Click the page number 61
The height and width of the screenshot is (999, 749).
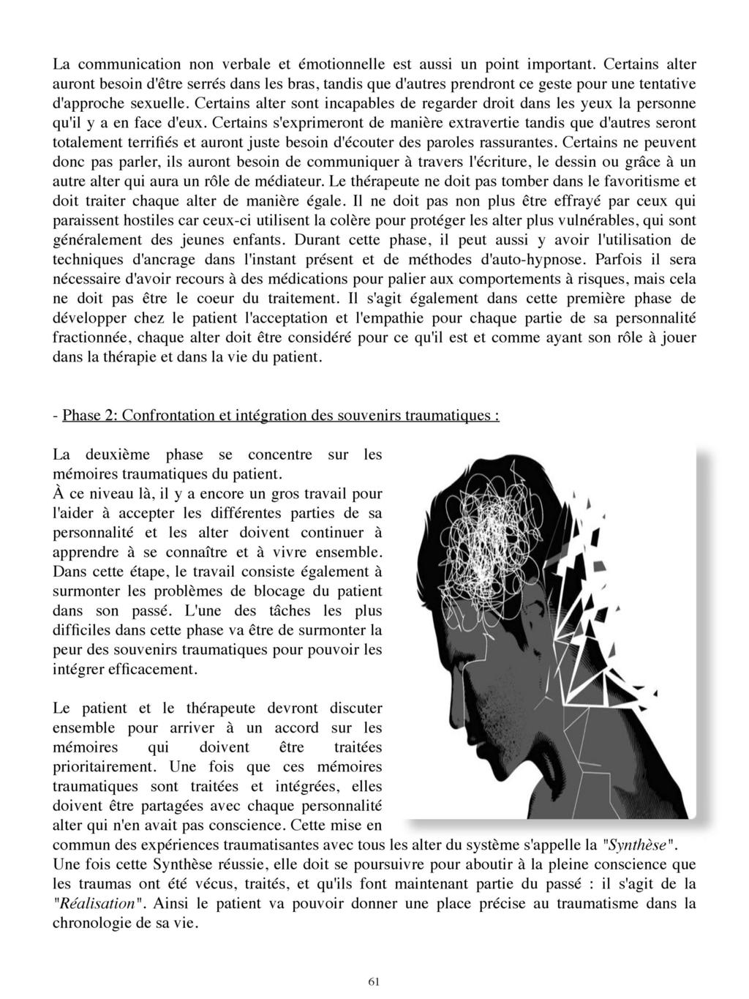374,981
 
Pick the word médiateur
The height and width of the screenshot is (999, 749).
290,180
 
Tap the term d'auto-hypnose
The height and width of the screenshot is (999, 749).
535,259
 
